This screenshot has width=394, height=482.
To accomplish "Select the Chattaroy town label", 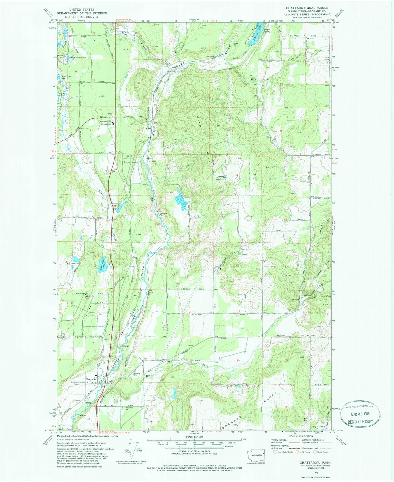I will [91, 379].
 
